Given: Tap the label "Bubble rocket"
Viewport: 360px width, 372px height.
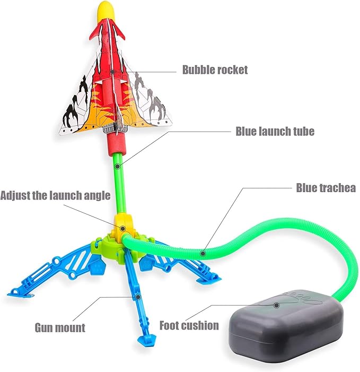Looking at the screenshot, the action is click(x=215, y=70).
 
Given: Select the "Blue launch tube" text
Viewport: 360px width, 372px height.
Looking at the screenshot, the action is click(x=275, y=131).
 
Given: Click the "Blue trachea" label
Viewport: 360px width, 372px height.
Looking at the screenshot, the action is click(x=326, y=188).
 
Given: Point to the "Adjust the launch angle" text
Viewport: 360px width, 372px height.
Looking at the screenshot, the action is click(x=55, y=195).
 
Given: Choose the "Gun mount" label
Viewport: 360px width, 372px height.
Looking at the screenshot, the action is click(x=60, y=327).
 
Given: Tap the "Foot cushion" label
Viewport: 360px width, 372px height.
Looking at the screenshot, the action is click(x=189, y=325).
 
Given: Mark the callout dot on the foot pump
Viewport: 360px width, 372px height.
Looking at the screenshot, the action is click(x=276, y=305).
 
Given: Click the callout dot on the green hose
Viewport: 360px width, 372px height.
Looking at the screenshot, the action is click(x=203, y=253).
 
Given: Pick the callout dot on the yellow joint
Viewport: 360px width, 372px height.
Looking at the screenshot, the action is click(x=123, y=229).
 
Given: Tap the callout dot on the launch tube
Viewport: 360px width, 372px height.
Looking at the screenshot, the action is click(x=118, y=166).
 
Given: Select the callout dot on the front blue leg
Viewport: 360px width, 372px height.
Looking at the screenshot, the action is click(x=138, y=297).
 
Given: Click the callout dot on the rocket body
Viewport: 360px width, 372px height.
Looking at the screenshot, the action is click(x=113, y=72).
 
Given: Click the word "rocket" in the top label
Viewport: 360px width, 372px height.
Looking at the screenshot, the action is click(x=233, y=70).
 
